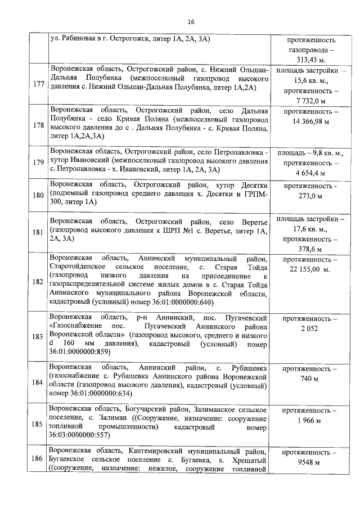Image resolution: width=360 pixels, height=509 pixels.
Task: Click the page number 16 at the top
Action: coord(190,22)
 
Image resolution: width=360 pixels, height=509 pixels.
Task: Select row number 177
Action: coord(39,84)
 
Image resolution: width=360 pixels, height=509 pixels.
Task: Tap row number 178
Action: coord(39,125)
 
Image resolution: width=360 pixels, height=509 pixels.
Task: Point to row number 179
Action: coord(39,163)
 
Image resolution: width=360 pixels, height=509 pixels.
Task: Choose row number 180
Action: coord(39,196)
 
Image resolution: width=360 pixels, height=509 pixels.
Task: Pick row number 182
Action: coord(39,281)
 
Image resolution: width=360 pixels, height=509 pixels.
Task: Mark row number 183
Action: coord(39,336)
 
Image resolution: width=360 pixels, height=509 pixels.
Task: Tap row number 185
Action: coord(39,424)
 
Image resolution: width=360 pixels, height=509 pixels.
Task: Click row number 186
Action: coord(39,459)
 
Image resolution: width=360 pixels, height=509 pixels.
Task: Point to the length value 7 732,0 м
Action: coord(310,101)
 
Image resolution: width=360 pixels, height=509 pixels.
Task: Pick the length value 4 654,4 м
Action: coord(310,173)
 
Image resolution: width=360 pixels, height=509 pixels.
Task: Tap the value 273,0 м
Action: coord(310,196)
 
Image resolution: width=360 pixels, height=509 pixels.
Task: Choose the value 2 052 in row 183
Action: coord(310,328)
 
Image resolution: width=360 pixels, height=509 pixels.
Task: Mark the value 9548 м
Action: coord(310,463)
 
